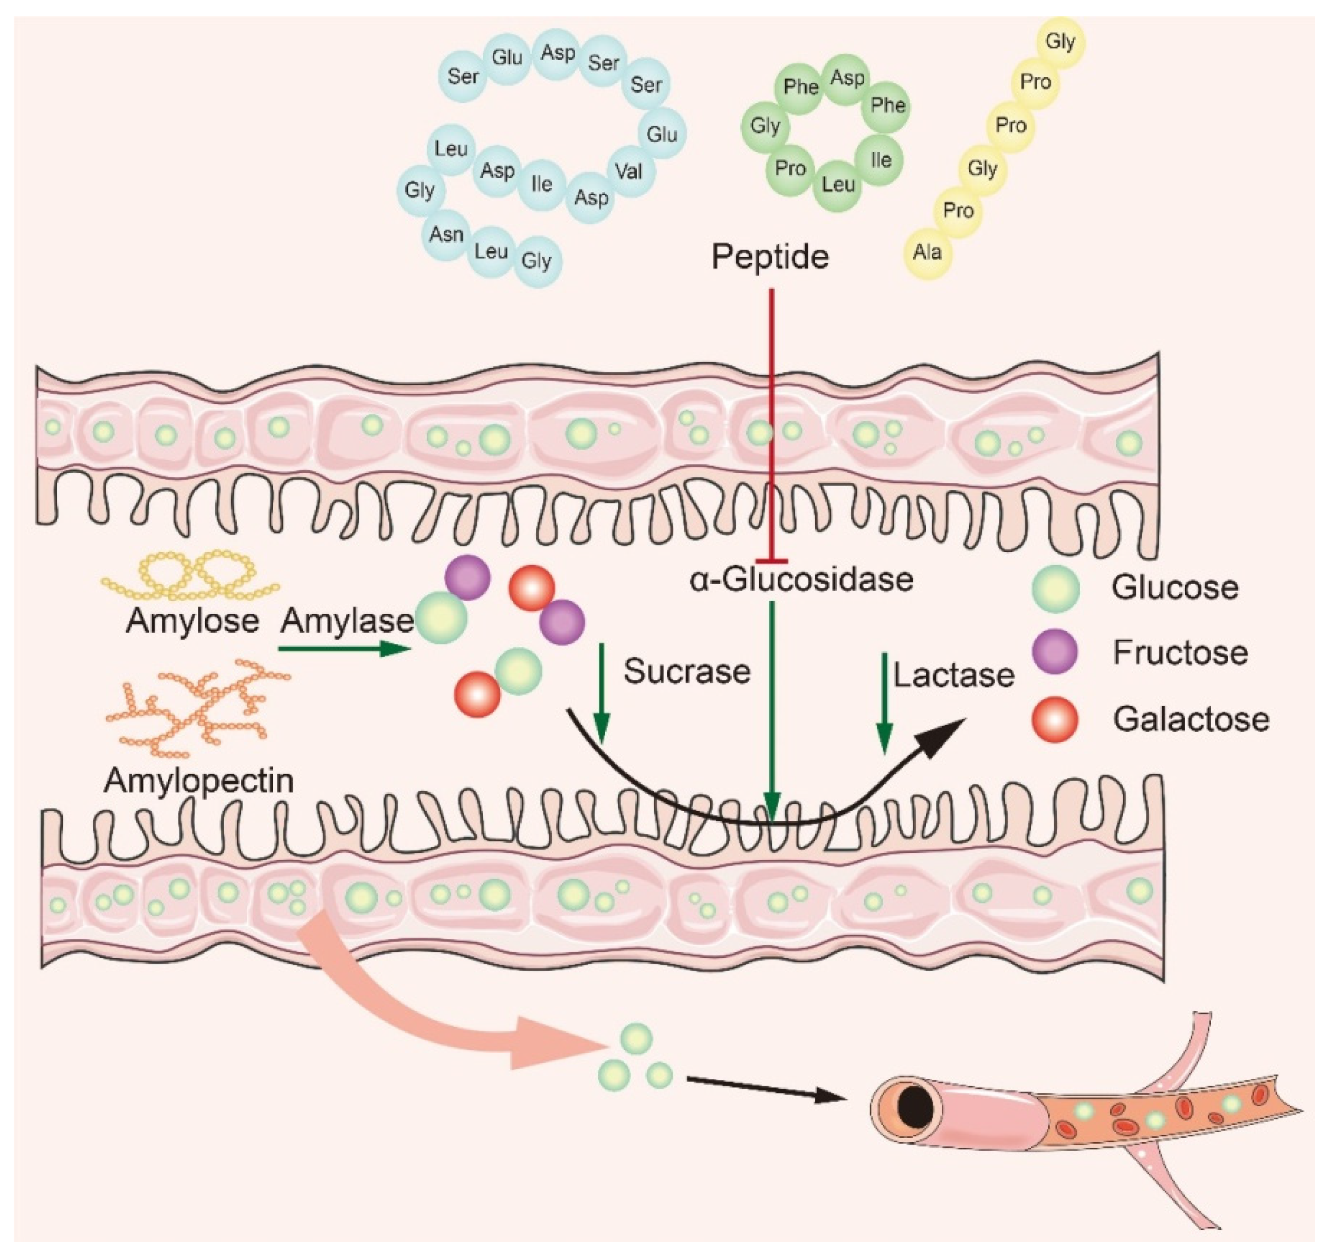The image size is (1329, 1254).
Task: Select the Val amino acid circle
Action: [628, 172]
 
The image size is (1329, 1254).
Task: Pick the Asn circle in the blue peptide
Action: [446, 235]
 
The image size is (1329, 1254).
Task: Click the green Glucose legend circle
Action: [1056, 588]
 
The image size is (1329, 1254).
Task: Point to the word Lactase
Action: [954, 676]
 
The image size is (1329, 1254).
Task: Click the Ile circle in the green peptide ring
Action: [881, 160]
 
